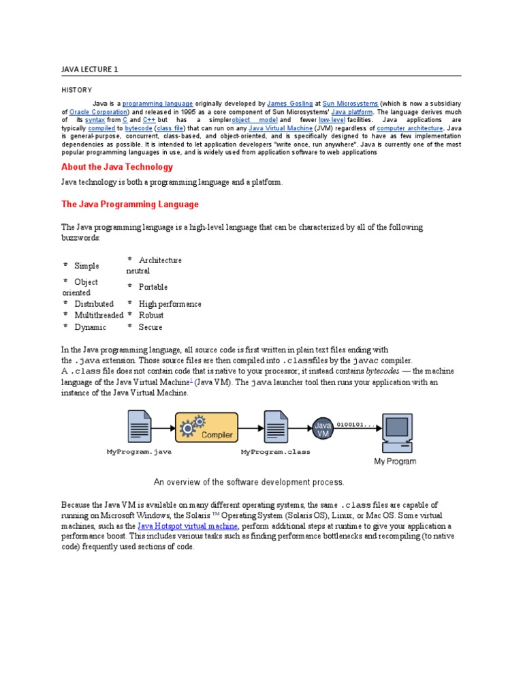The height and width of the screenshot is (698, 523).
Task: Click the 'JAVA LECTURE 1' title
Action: click(x=89, y=69)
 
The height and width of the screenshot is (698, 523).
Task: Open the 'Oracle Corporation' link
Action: click(x=98, y=112)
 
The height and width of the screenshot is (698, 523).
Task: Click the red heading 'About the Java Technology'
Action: click(x=117, y=167)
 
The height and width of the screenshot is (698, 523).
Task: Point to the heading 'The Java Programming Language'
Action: click(x=130, y=204)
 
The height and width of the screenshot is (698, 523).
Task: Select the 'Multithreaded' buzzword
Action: click(x=99, y=315)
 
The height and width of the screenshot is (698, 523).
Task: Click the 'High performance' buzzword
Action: click(x=170, y=304)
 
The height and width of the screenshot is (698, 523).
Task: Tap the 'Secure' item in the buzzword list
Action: click(x=150, y=327)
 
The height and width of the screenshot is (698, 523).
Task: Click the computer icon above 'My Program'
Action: click(x=396, y=433)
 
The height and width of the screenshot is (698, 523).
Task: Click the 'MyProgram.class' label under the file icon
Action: click(x=275, y=452)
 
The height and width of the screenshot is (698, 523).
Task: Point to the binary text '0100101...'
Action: click(x=355, y=423)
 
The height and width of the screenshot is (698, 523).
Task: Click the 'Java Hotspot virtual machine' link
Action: click(x=187, y=526)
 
